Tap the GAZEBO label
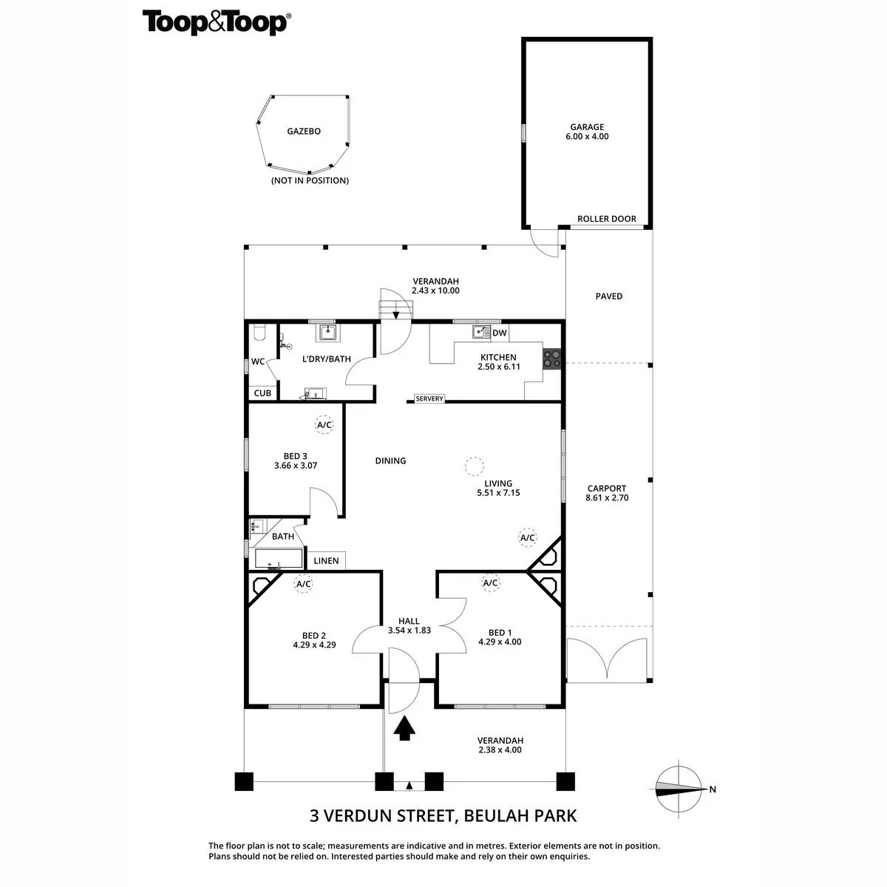pyautogui.click(x=303, y=132)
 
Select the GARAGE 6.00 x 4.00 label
pyautogui.click(x=587, y=132)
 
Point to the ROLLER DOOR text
pyautogui.click(x=606, y=219)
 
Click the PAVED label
pyautogui.click(x=609, y=296)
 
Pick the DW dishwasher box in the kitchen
pyautogui.click(x=500, y=333)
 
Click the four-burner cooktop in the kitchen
pyautogui.click(x=552, y=358)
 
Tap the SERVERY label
pyautogui.click(x=429, y=399)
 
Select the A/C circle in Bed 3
pyautogui.click(x=324, y=425)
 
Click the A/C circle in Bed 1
pyautogui.click(x=490, y=583)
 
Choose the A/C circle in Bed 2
pyautogui.click(x=303, y=584)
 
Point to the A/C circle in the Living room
pyautogui.click(x=527, y=538)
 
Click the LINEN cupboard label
pyautogui.click(x=326, y=561)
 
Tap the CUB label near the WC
pyautogui.click(x=262, y=393)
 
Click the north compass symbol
pyautogui.click(x=679, y=789)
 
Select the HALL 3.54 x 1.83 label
pyautogui.click(x=409, y=626)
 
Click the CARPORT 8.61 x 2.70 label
pyautogui.click(x=607, y=493)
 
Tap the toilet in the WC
pyautogui.click(x=258, y=333)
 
